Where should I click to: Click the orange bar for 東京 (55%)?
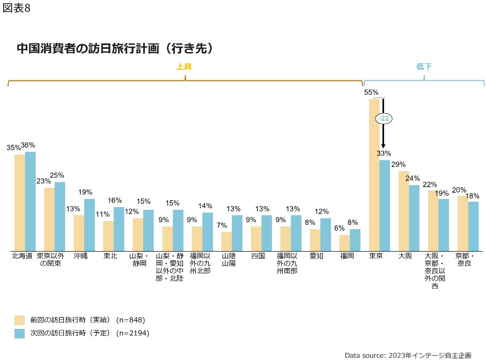374,175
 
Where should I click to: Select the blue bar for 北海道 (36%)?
31,201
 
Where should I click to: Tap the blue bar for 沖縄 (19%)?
90,225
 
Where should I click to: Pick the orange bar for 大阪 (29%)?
403,211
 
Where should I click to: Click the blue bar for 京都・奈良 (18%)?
473,226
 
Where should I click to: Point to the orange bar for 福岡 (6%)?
344,243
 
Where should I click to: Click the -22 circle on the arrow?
384,119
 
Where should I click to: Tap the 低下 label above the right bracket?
424,67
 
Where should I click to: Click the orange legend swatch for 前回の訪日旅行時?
20,320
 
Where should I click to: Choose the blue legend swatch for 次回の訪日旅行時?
20,333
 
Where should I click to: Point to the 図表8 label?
17,10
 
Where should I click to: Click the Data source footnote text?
408,355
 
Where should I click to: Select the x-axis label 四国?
258,256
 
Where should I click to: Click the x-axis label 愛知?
316,256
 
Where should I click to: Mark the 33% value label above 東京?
384,153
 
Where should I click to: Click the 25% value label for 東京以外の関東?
57,175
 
